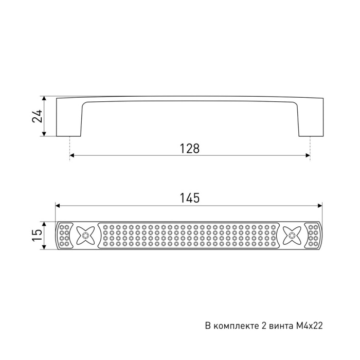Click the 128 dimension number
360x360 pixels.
tap(190, 148)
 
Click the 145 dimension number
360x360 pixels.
tap(190, 198)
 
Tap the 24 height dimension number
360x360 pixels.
tap(37, 116)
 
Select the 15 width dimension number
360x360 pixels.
tap(37, 236)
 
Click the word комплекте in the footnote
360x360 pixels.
tap(237, 326)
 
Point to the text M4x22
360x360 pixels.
tap(309, 326)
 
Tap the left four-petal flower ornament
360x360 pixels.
tap(85, 236)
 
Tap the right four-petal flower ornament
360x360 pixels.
tap(292, 236)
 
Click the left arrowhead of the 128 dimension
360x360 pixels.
tap(71, 156)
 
